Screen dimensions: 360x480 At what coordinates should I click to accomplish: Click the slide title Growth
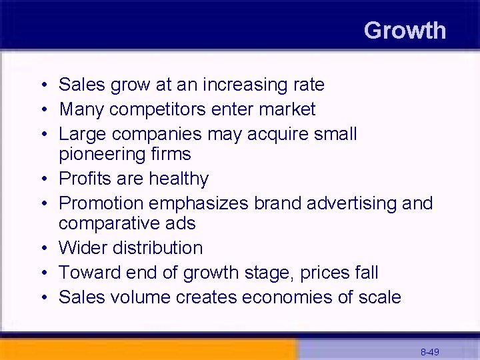tap(405, 31)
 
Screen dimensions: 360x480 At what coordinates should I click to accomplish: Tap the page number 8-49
tap(429, 351)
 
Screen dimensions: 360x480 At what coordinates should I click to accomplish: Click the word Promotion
tap(101, 203)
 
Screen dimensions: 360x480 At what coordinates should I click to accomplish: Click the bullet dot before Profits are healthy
tap(42, 179)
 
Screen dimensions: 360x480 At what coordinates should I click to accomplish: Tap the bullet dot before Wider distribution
tap(42, 249)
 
